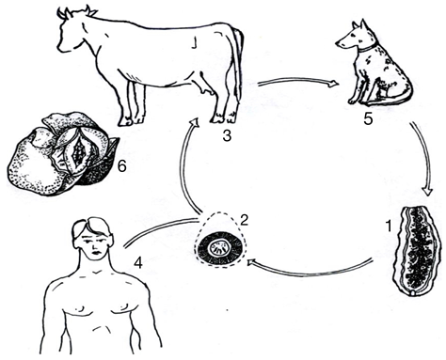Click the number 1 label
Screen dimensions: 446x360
(x=389, y=226)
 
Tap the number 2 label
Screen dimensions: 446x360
(x=244, y=220)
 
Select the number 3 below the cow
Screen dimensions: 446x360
(x=227, y=135)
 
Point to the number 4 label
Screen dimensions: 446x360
(x=137, y=263)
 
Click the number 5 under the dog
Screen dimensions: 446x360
(x=368, y=118)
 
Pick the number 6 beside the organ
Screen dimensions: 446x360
(x=121, y=166)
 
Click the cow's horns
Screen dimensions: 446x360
(x=77, y=11)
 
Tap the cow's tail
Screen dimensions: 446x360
(x=239, y=63)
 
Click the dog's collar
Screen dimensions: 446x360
(x=368, y=49)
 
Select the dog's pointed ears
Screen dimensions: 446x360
(x=358, y=25)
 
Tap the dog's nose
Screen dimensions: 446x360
(x=337, y=43)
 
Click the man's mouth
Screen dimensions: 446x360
(x=95, y=253)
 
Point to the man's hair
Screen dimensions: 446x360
(x=91, y=226)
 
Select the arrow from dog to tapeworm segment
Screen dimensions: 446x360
(x=425, y=157)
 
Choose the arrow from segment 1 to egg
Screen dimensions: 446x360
(x=309, y=271)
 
